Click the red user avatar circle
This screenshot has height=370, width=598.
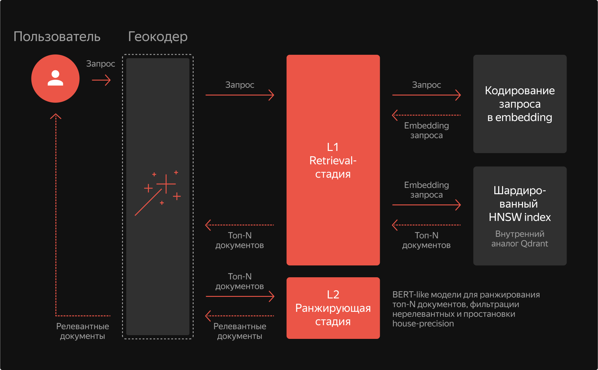[x=55, y=78]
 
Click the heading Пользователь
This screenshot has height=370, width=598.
[x=57, y=37]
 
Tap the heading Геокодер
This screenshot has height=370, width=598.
[x=158, y=37]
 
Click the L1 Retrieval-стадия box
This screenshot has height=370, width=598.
[x=333, y=160]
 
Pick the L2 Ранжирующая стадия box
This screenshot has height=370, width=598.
[x=333, y=308]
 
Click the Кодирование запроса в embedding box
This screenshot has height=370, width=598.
[x=520, y=104]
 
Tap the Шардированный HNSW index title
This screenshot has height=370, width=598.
[x=520, y=204]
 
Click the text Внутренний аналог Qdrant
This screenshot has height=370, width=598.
[x=520, y=239]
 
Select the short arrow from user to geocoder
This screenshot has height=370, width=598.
[x=101, y=80]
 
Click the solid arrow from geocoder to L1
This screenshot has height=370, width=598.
[x=240, y=95]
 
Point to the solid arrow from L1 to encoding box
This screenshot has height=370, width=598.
[x=426, y=95]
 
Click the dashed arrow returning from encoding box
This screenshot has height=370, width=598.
[x=426, y=115]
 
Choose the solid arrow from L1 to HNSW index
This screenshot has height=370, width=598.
[x=426, y=205]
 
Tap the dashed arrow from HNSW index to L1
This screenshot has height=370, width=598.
[x=426, y=225]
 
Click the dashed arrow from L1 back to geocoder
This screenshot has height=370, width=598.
[x=240, y=225]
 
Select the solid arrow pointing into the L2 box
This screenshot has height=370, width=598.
[x=240, y=296]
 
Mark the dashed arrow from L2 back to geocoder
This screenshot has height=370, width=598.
[x=240, y=316]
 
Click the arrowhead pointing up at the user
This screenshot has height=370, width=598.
[x=56, y=116]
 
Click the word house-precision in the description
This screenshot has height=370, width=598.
[x=423, y=324]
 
